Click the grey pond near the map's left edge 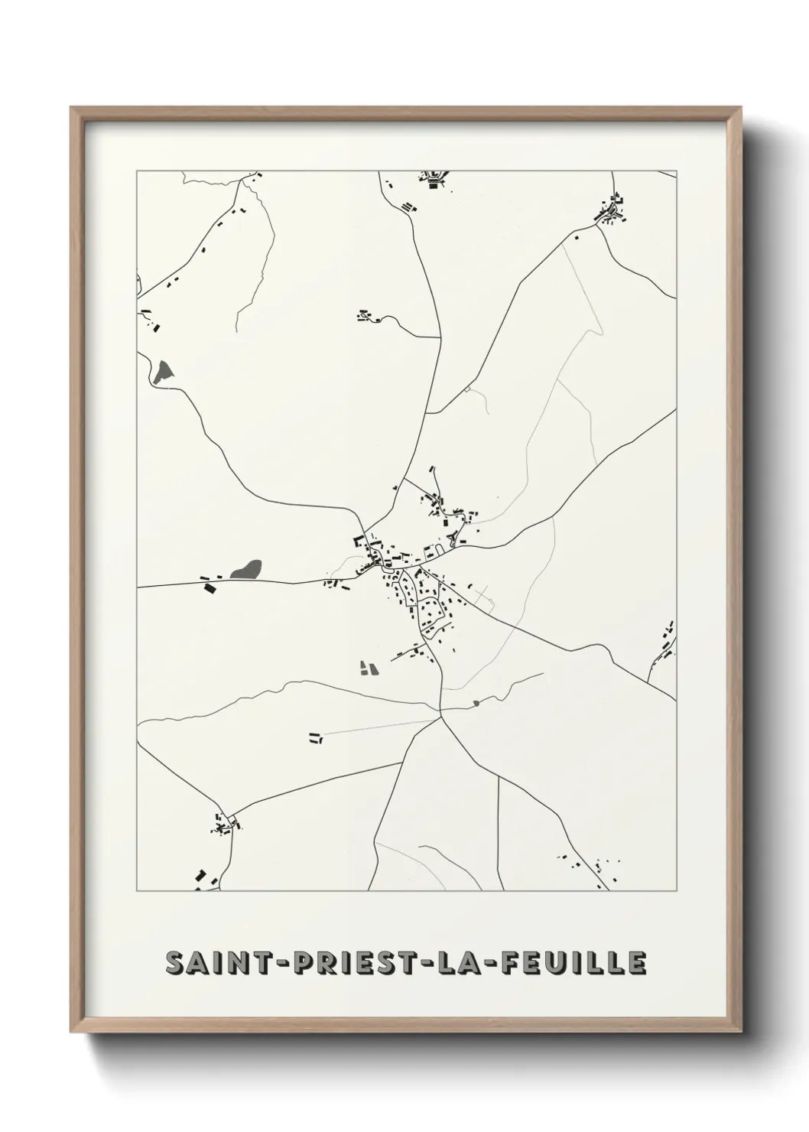pyautogui.click(x=163, y=372)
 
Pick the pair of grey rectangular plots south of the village pyautogui.click(x=369, y=668)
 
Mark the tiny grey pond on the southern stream pyautogui.click(x=476, y=703)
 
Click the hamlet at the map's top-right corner pyautogui.click(x=612, y=210)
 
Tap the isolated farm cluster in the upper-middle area pyautogui.click(x=368, y=315)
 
